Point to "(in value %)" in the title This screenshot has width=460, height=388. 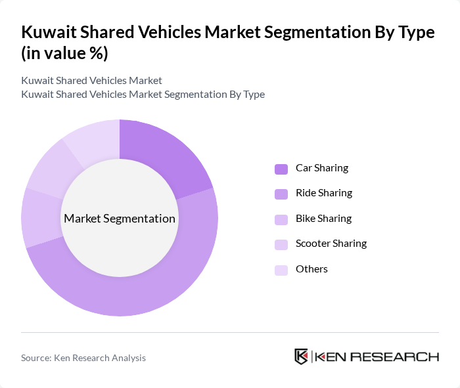(x=64, y=54)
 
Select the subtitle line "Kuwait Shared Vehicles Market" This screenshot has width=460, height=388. (x=91, y=81)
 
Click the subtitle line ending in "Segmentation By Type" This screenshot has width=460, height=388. (x=143, y=94)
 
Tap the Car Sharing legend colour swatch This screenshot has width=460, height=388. (x=281, y=169)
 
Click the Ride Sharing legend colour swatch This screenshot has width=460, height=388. (x=281, y=194)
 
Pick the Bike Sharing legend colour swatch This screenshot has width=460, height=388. (x=281, y=219)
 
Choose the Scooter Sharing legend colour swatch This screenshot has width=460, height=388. (x=281, y=244)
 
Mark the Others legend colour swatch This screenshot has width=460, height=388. (x=281, y=269)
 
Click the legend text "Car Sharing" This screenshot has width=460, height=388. (x=322, y=168)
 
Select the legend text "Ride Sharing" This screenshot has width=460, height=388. (x=324, y=193)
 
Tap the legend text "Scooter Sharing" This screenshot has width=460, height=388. (x=331, y=244)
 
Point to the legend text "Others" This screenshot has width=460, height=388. (x=311, y=269)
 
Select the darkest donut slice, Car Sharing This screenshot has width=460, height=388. (x=164, y=151)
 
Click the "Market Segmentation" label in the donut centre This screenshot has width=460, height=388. (x=120, y=219)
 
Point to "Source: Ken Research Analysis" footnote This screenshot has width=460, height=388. (x=83, y=358)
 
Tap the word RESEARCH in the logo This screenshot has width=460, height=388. (x=400, y=357)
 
